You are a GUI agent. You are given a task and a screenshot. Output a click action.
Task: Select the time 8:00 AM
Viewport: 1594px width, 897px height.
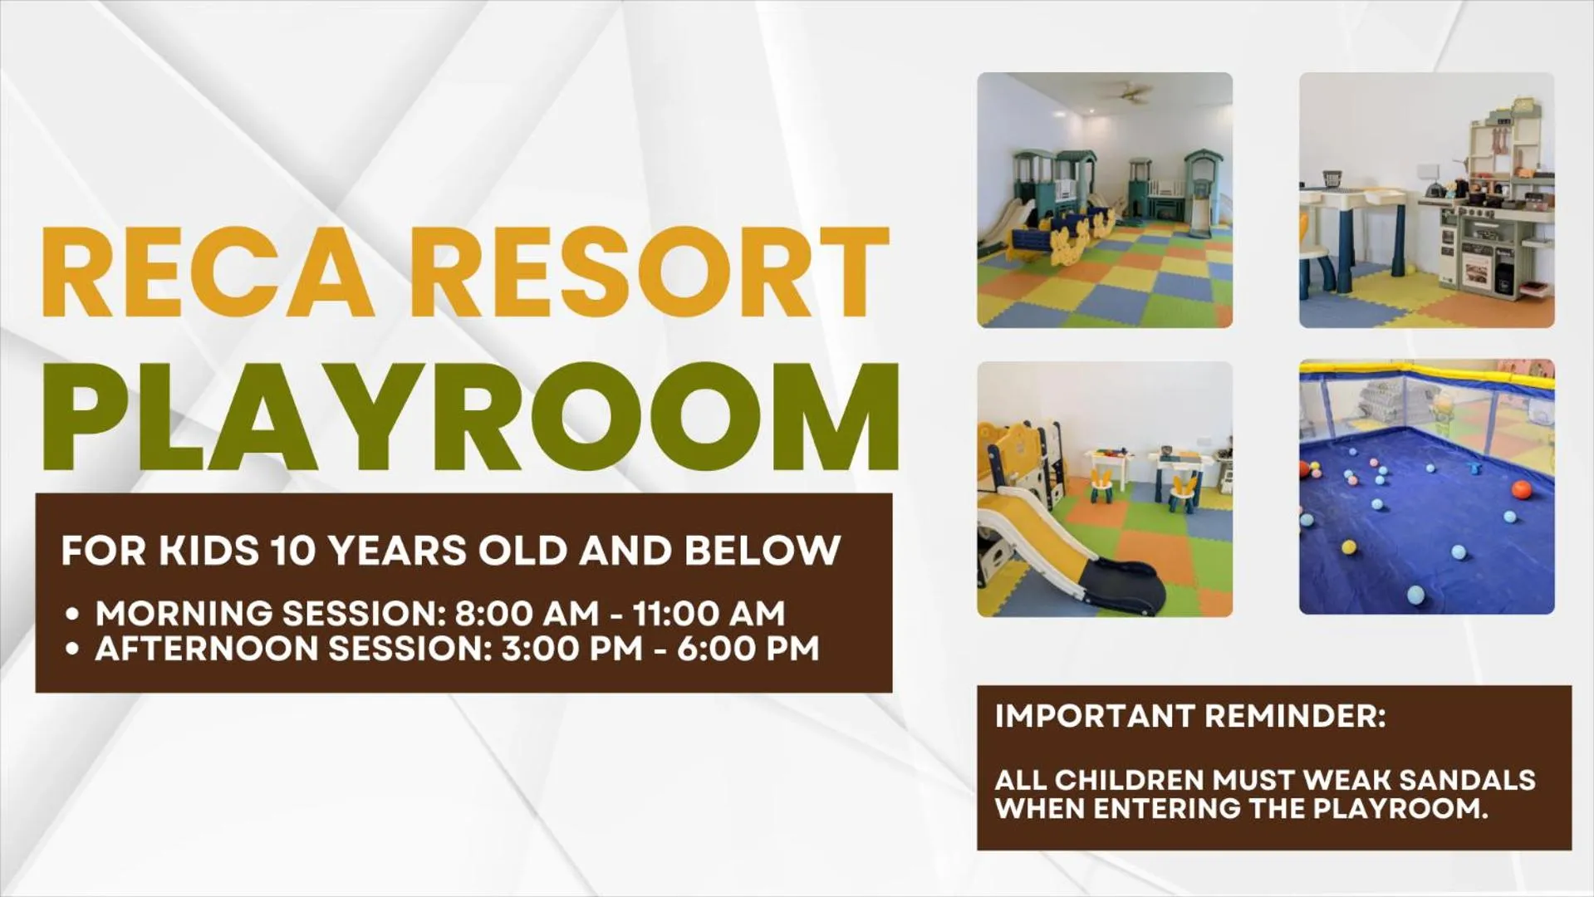coord(527,614)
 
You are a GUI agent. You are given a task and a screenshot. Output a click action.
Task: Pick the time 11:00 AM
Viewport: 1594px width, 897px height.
coord(709,614)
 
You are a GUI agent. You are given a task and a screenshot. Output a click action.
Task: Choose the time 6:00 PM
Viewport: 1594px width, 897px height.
coord(748,649)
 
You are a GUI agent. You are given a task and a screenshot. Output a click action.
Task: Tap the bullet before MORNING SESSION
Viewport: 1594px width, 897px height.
coord(73,615)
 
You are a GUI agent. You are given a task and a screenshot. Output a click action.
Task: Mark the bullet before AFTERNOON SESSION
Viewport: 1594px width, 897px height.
coord(73,650)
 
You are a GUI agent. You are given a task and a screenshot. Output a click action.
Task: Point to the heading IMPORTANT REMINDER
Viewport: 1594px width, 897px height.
coord(1189,717)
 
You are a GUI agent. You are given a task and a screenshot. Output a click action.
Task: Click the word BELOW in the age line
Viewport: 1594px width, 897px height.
coord(763,551)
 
